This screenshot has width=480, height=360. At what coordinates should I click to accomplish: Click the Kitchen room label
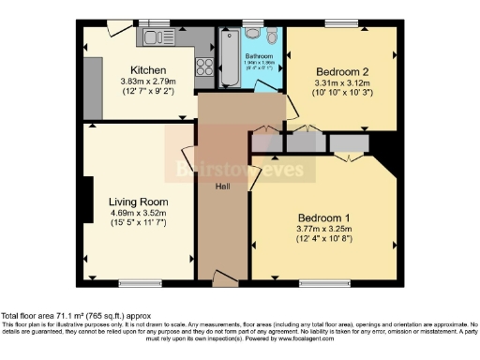coord(149,70)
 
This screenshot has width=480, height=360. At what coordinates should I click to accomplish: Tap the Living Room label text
coord(138,202)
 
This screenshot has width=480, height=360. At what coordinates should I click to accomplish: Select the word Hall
coord(223,187)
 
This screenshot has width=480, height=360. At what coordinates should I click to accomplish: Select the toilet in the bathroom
coord(270,36)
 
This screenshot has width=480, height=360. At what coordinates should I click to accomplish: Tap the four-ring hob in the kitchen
coord(202,67)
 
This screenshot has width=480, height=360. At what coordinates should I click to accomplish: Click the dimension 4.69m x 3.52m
coord(138,213)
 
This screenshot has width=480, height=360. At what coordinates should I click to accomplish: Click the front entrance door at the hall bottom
coord(225,277)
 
